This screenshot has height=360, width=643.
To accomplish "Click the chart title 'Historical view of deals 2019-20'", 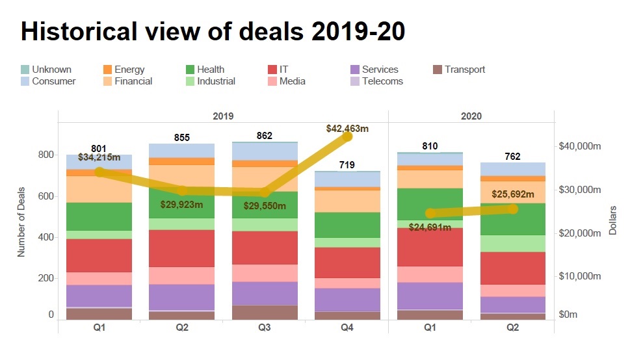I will [213, 31].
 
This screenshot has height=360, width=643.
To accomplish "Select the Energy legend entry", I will [129, 70].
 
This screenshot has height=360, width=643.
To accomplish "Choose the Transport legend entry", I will [464, 70].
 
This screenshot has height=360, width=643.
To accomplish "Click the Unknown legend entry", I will [51, 70].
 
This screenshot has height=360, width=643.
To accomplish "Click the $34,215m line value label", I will [99, 157].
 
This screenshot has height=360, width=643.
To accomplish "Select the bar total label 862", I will [265, 136].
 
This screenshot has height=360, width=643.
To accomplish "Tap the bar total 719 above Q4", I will [347, 165].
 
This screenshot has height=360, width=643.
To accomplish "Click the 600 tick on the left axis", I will [46, 196].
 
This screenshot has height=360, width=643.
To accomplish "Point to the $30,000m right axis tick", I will [580, 190].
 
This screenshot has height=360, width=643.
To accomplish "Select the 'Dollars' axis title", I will [612, 220].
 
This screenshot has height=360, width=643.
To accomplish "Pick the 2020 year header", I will [471, 116].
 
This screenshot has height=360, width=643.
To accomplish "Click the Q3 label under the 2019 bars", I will [265, 328].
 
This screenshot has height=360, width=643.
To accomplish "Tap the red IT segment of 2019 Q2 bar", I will [182, 248].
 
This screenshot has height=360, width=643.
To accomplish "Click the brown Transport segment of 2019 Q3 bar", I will [265, 313].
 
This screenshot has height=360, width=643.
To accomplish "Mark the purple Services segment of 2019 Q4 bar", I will [347, 300].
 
